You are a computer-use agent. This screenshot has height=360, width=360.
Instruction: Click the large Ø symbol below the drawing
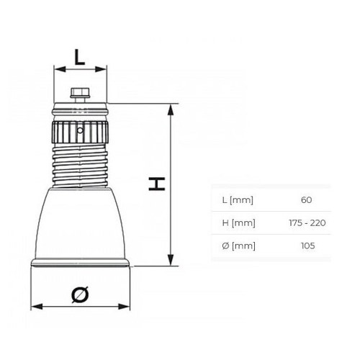81,293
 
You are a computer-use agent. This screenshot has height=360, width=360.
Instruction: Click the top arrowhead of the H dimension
170,108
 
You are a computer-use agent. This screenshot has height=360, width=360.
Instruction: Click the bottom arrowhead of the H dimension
170,261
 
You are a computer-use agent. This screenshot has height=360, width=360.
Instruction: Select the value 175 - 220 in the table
306,222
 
